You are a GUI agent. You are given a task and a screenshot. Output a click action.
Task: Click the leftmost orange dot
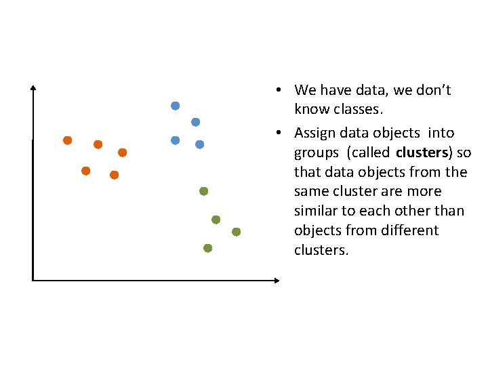[x=67, y=140]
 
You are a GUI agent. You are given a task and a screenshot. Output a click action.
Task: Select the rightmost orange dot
[x=122, y=152]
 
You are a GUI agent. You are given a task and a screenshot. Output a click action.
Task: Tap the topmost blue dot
[x=175, y=106]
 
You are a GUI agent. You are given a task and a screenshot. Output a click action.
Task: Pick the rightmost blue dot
[x=199, y=144]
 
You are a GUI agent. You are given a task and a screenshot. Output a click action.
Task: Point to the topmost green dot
[x=203, y=191]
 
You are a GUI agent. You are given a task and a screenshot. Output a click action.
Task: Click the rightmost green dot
[x=236, y=232]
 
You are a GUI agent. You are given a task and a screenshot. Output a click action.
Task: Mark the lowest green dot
[x=207, y=248]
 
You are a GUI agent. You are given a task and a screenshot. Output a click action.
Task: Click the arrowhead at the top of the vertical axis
[x=33, y=87]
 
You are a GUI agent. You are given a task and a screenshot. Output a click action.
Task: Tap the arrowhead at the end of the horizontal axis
[x=276, y=280]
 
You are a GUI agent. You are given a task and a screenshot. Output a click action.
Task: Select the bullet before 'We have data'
[x=279, y=90]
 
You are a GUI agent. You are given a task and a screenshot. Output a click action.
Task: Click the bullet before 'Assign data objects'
[x=279, y=133]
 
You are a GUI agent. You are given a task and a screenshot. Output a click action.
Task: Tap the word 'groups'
[x=315, y=152]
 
